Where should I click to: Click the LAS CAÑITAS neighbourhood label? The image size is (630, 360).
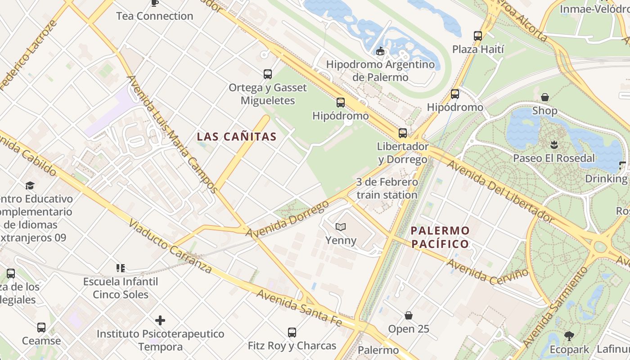pyautogui.click(x=237, y=137)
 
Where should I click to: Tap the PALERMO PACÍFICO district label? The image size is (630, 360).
pyautogui.click(x=440, y=238)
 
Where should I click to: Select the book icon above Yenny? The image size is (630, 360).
pyautogui.click(x=341, y=227)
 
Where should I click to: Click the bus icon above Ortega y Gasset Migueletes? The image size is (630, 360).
pyautogui.click(x=268, y=74)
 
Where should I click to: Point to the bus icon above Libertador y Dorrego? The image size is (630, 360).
pyautogui.click(x=402, y=133)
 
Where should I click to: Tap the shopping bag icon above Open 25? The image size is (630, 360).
pyautogui.click(x=409, y=315)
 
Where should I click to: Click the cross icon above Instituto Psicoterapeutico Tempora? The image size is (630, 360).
pyautogui.click(x=160, y=320)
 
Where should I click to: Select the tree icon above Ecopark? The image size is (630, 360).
pyautogui.click(x=569, y=336)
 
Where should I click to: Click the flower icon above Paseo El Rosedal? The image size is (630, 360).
pyautogui.click(x=553, y=145)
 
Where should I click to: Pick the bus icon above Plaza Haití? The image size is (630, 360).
pyautogui.click(x=477, y=36)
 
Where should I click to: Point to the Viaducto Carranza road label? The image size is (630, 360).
pyautogui.click(x=170, y=247)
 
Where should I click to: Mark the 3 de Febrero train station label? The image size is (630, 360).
pyautogui.click(x=387, y=189)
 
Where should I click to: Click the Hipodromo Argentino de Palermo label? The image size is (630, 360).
pyautogui.click(x=380, y=71)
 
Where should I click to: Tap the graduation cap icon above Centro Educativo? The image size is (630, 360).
pyautogui.click(x=30, y=185)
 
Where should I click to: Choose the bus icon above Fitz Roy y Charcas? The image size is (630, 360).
pyautogui.click(x=292, y=333)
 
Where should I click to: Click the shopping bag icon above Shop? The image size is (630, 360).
pyautogui.click(x=544, y=97)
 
